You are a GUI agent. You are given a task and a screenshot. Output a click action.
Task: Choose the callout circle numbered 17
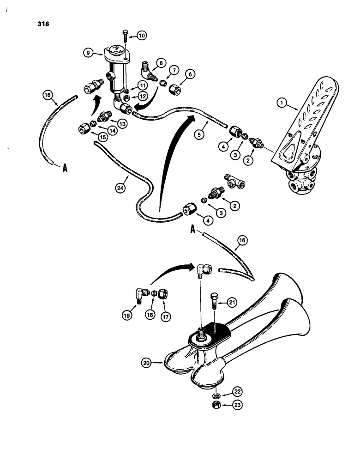tap(164, 317)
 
